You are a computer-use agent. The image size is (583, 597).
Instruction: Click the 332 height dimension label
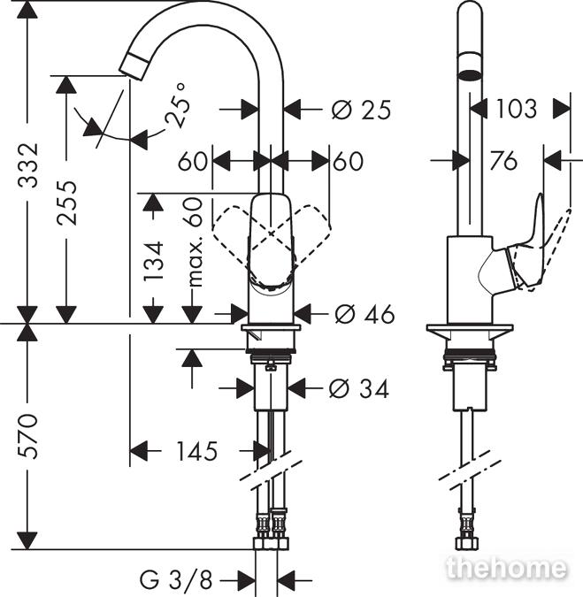pyautogui.click(x=28, y=165)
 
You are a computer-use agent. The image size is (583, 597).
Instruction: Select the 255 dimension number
pyautogui.click(x=66, y=203)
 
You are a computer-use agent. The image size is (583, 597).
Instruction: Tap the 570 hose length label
pyautogui.click(x=28, y=435)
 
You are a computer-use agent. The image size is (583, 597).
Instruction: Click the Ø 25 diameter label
pyautogui.click(x=361, y=110)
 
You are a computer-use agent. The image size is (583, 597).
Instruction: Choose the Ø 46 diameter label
pyautogui.click(x=364, y=314)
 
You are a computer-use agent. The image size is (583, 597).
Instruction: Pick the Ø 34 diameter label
pyautogui.click(x=358, y=389)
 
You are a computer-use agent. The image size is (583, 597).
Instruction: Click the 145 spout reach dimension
pyautogui.click(x=197, y=451)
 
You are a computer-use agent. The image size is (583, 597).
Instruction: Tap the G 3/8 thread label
pyautogui.click(x=175, y=580)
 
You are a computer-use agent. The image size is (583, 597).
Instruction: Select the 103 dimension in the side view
pyautogui.click(x=517, y=109)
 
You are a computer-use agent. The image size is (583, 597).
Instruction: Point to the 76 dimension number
pyautogui.click(x=503, y=160)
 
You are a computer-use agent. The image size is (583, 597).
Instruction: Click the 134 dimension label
pyautogui.click(x=154, y=261)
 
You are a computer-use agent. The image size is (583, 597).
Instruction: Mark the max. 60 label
pyautogui.click(x=195, y=242)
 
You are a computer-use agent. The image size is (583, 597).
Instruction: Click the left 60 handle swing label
pyautogui.click(x=192, y=161)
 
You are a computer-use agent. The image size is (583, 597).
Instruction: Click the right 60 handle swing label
pyautogui.click(x=349, y=161)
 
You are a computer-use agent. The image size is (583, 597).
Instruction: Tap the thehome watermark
pyautogui.click(x=506, y=567)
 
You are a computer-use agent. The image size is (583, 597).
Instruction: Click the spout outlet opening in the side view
pyautogui.click(x=470, y=74)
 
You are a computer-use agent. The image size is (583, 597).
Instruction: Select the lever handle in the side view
pyautogui.click(x=529, y=244)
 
